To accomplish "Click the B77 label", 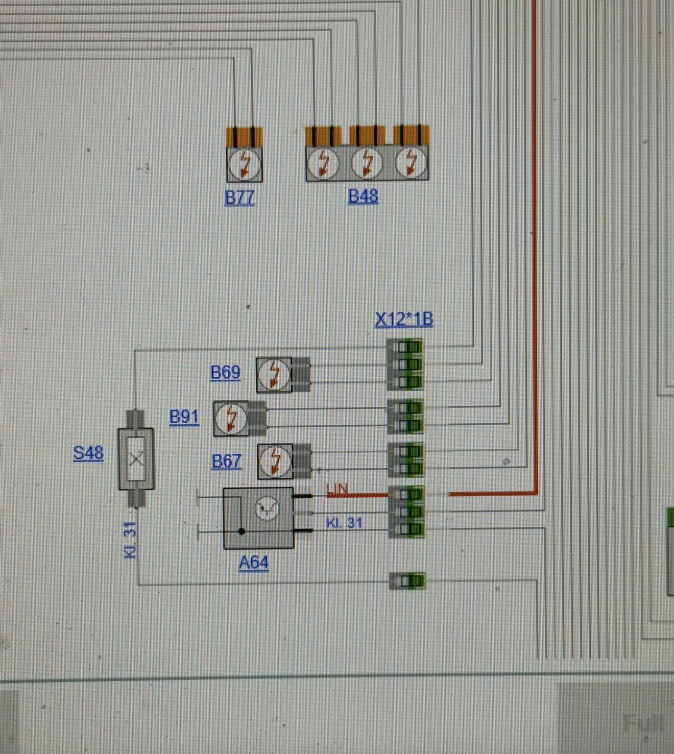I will click(239, 198).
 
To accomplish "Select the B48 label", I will click(363, 196).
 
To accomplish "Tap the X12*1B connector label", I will click(404, 320).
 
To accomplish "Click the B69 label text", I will click(226, 372).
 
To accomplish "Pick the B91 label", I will click(184, 417).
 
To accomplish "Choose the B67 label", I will click(226, 461).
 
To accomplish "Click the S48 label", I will click(88, 453).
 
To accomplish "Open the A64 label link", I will click(254, 563).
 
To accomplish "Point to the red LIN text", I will click(337, 490).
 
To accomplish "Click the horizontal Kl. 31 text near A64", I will click(344, 523).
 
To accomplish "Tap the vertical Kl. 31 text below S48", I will click(131, 540).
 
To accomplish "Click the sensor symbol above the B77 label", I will click(245, 164).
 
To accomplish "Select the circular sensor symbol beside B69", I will click(274, 375).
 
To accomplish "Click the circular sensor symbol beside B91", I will click(231, 419).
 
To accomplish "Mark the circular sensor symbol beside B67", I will click(275, 461).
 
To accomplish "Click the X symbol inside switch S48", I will click(136, 459).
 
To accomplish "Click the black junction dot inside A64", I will click(242, 531).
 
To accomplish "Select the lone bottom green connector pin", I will click(407, 580).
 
